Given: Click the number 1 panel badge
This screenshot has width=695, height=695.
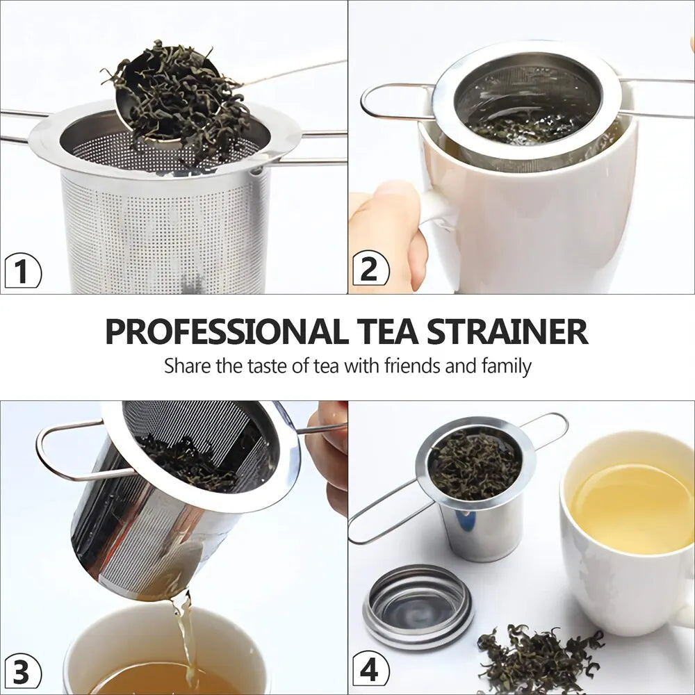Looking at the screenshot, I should (22, 270).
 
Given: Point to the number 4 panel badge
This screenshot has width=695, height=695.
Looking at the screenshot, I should (370, 671).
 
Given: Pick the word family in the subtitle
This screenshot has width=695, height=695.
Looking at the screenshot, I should (507, 366).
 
